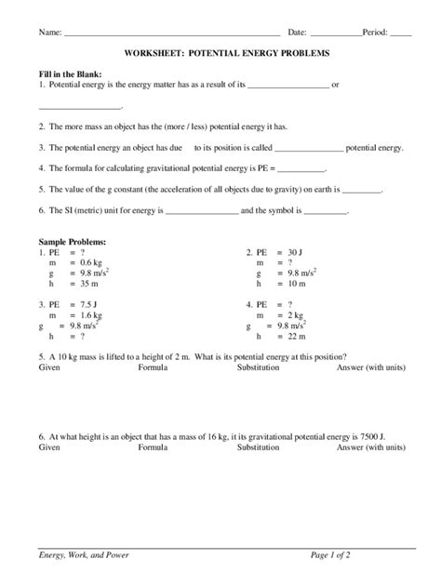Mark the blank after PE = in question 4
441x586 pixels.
click(x=301, y=170)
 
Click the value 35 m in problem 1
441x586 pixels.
click(x=89, y=286)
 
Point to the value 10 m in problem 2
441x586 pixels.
click(x=297, y=286)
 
